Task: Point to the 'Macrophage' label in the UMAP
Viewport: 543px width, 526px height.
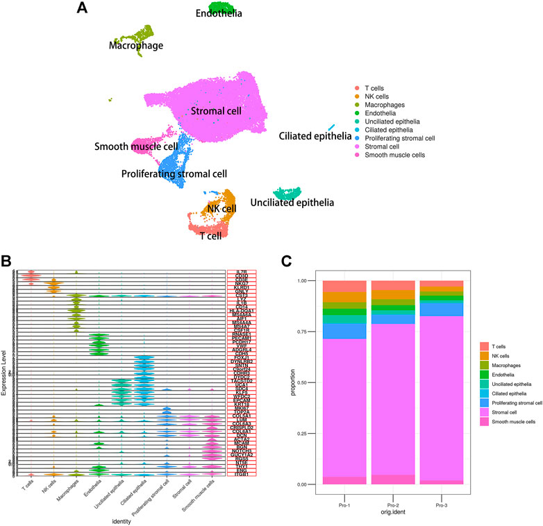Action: (135, 46)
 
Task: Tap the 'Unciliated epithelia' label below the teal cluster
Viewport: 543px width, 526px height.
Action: (292, 203)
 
